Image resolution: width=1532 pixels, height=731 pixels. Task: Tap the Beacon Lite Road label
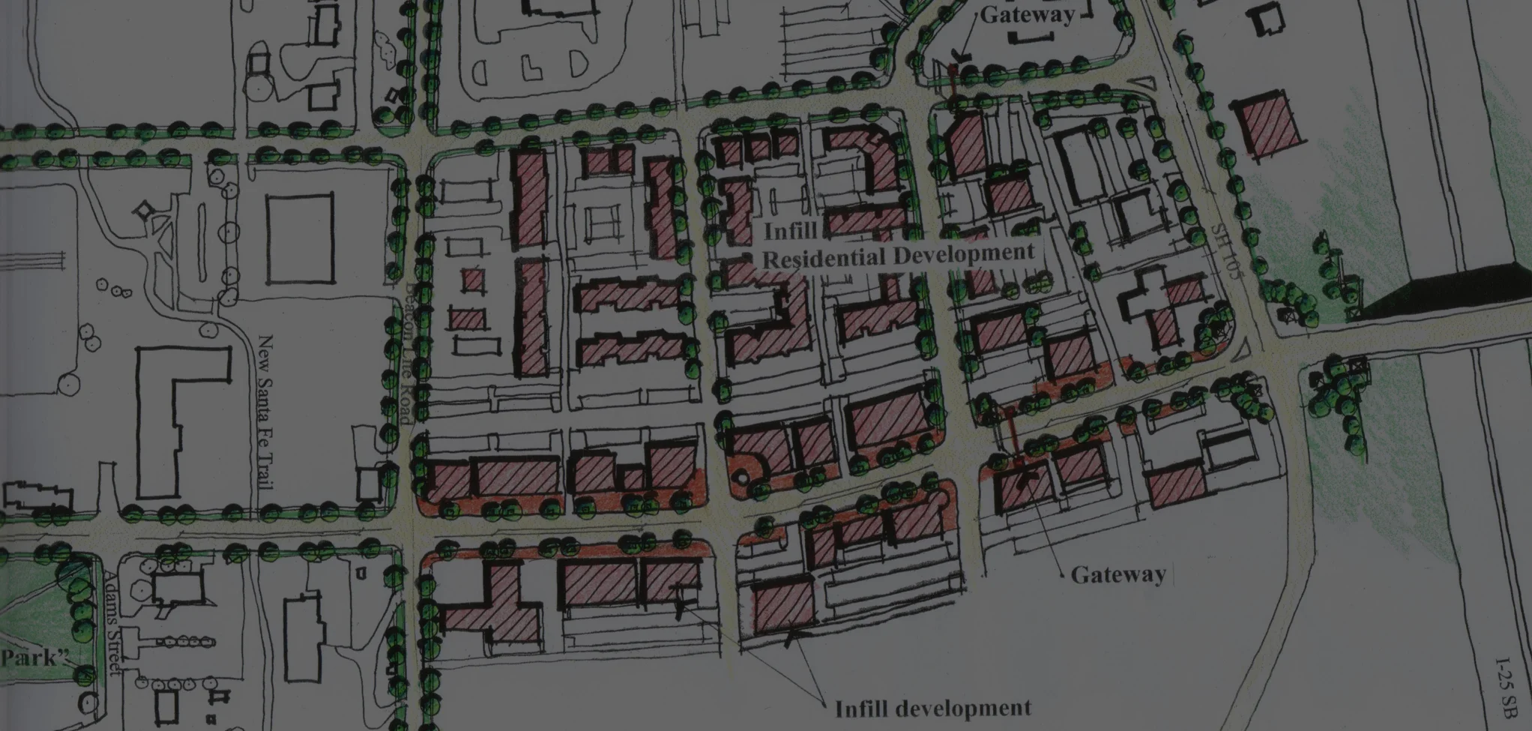pyautogui.click(x=408, y=352)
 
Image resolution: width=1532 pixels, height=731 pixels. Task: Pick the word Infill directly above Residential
pyautogui.click(x=790, y=231)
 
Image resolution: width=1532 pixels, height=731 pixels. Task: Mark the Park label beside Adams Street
pyautogui.click(x=34, y=658)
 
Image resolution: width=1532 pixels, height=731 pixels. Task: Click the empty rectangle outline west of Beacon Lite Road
pyautogui.click(x=300, y=239)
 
